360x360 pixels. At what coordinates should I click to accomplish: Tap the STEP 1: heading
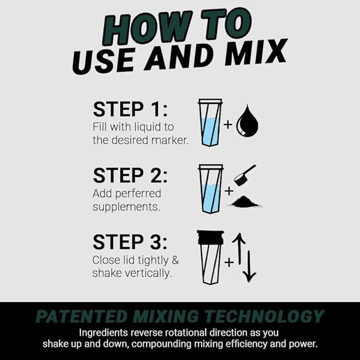[x=130, y=109]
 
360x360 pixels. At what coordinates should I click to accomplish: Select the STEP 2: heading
[x=130, y=175]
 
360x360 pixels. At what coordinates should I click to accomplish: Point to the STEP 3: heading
[x=130, y=242]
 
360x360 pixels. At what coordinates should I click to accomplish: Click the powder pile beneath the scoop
[x=247, y=202]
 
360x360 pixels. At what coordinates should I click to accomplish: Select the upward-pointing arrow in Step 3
[x=239, y=248]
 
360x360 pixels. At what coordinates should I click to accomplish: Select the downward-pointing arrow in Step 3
[x=250, y=265]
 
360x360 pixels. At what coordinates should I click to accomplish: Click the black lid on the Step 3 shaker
[x=210, y=236]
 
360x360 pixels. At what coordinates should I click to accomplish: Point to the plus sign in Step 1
[x=228, y=125]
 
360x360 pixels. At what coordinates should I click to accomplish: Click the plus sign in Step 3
[x=228, y=262]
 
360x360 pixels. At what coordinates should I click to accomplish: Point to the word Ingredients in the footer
[x=104, y=333]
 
